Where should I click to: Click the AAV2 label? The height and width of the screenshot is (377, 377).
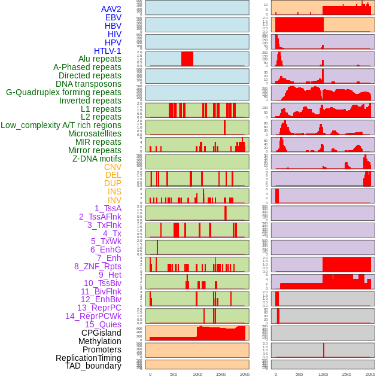[x=111, y=9]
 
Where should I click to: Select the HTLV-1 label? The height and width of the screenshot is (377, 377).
[x=108, y=51]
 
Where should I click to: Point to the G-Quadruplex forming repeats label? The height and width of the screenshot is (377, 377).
[x=63, y=92]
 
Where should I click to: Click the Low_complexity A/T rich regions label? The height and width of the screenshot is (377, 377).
[x=61, y=125]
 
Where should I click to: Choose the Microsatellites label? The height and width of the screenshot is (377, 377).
[x=95, y=133]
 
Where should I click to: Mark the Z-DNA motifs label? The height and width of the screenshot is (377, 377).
[x=97, y=159]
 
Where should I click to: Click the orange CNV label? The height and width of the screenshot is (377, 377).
[x=113, y=167]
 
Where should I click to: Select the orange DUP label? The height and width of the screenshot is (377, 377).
[x=113, y=183]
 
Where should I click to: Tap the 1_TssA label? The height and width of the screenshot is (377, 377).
[x=108, y=208]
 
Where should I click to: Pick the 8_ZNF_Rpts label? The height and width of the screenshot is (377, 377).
[x=98, y=266]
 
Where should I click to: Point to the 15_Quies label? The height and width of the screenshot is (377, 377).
[x=103, y=324]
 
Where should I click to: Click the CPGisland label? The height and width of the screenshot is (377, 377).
[x=101, y=333]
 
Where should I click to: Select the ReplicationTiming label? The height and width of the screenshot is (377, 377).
[x=89, y=358]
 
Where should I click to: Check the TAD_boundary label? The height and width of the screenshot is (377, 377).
[x=93, y=366]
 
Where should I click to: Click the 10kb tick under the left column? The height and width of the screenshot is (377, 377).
[x=197, y=374]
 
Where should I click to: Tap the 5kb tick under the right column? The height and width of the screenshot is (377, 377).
[x=299, y=374]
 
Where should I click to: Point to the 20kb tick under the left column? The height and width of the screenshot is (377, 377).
[x=245, y=374]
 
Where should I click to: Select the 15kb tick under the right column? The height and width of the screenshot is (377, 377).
[x=346, y=374]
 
